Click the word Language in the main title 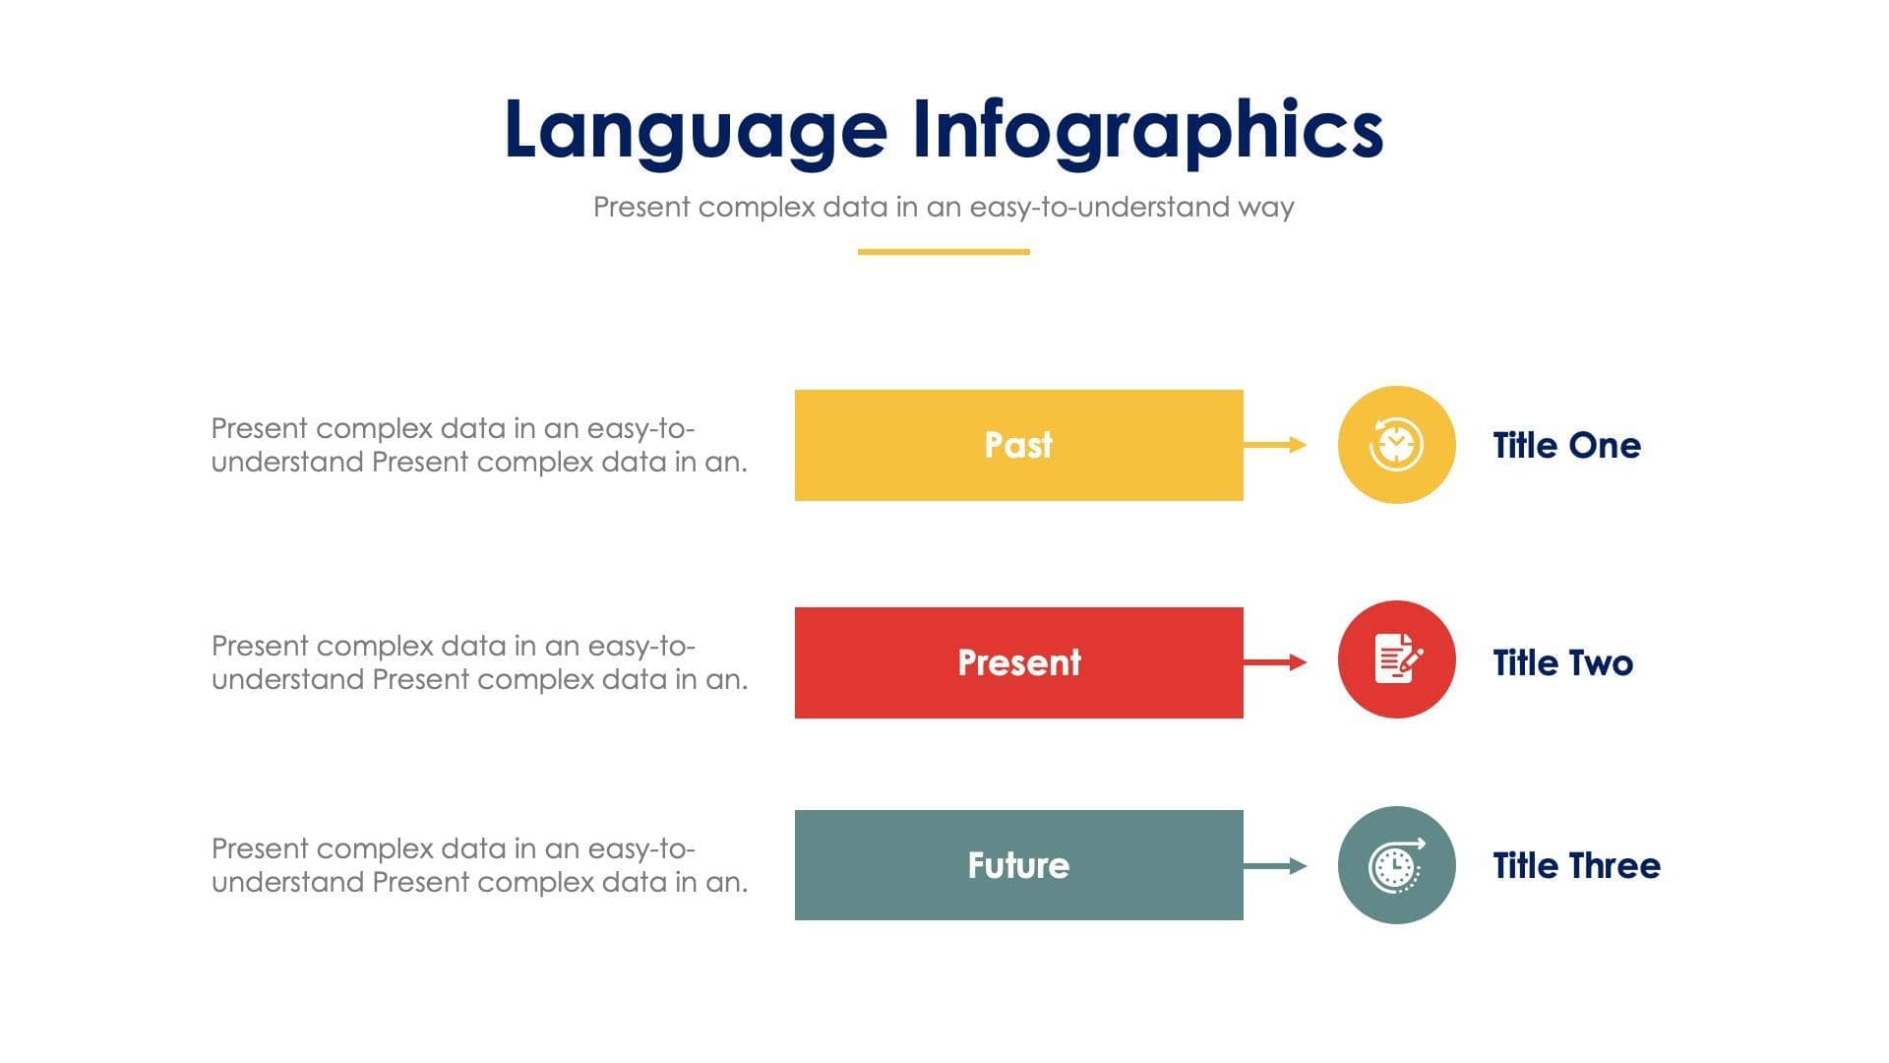click(695, 131)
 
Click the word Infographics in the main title click(1147, 131)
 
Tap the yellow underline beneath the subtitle click(943, 252)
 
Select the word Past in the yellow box click(1018, 445)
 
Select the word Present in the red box click(1018, 662)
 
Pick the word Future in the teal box click(1018, 865)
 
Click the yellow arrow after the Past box click(1275, 445)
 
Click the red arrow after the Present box click(1275, 662)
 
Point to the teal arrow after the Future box click(1275, 866)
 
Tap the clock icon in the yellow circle click(1396, 445)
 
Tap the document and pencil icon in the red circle click(1396, 658)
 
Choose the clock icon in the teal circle click(1396, 865)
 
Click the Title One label click(1566, 446)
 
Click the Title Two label click(1562, 663)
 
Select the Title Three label click(1576, 866)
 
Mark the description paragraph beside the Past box click(479, 445)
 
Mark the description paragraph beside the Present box click(479, 662)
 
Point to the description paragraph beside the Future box click(479, 865)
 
